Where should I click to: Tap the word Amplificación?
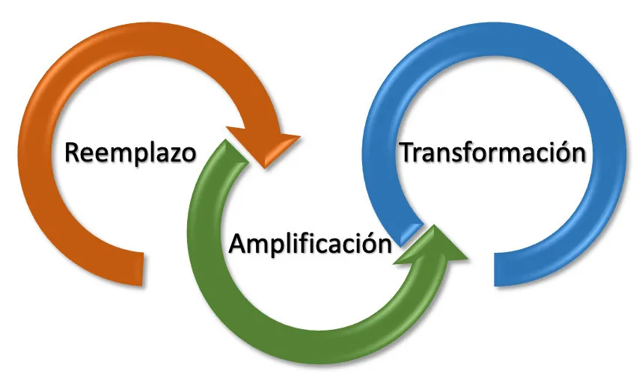point(311,244)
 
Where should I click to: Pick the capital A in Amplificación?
point(239,244)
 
